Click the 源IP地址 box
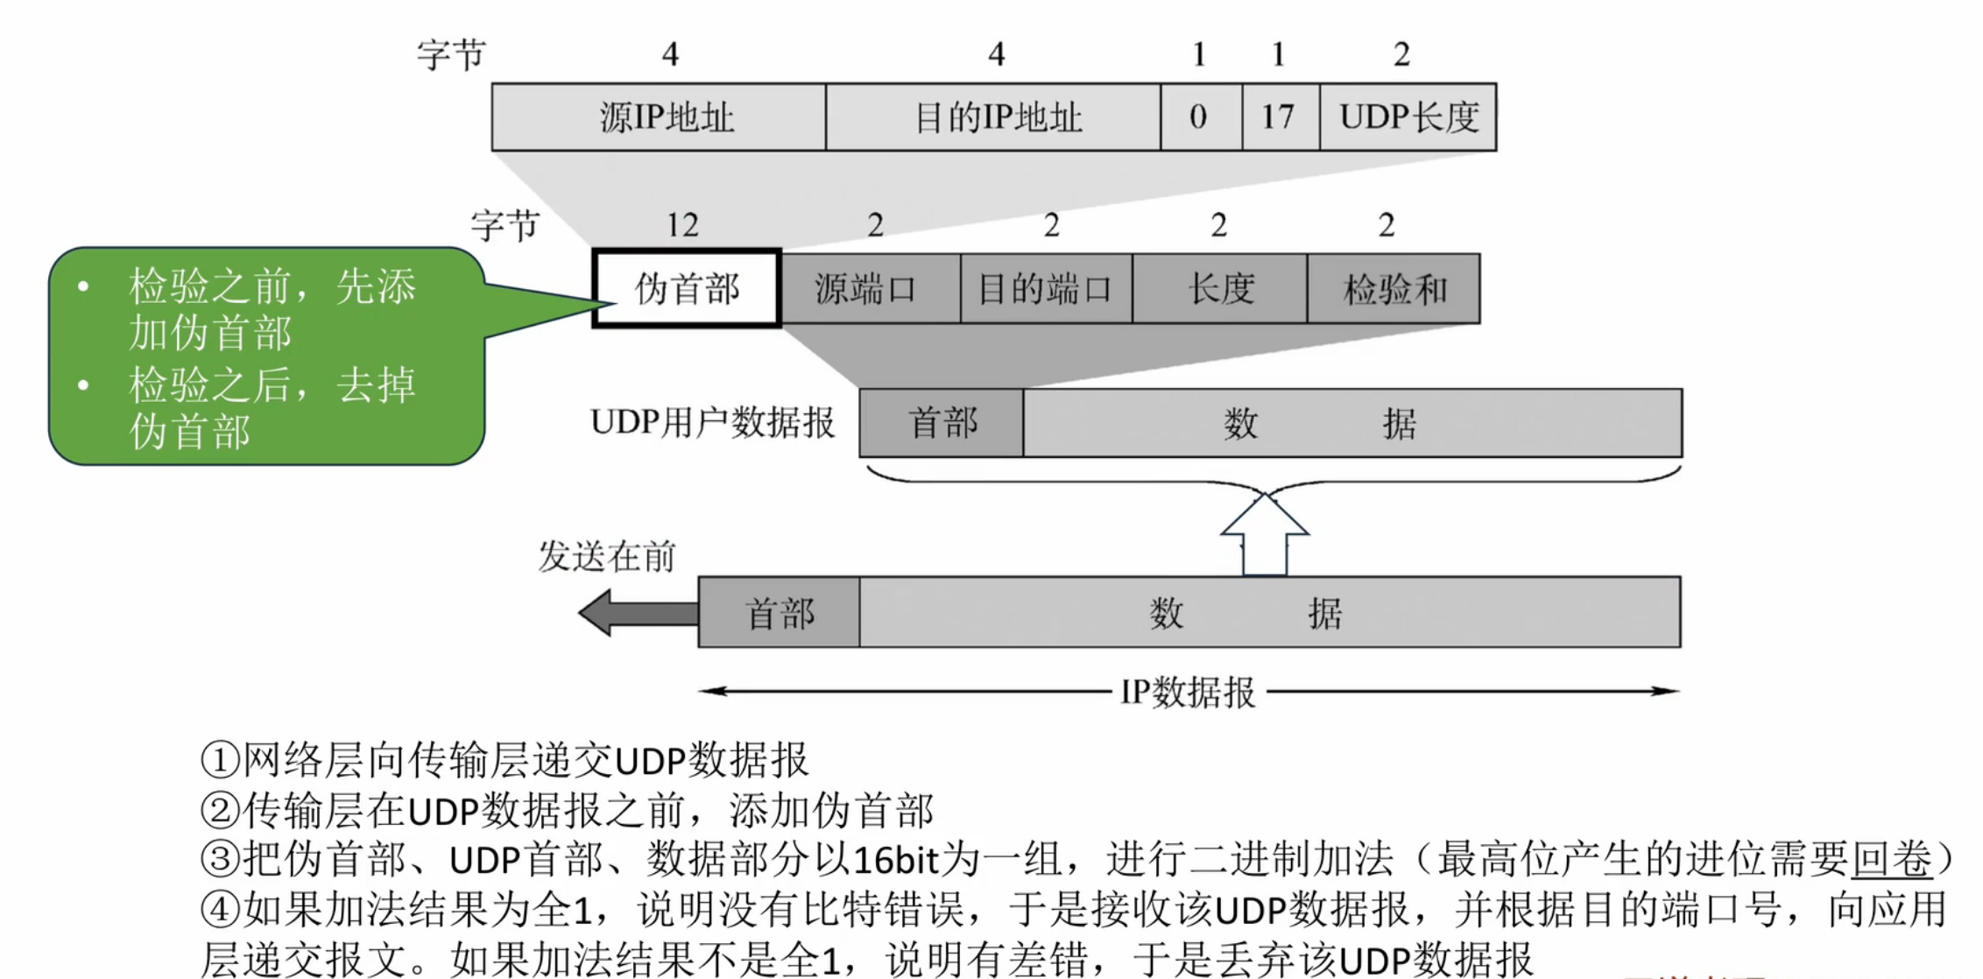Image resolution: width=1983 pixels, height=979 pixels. click(x=659, y=117)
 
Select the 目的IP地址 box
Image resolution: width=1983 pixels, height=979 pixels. click(x=993, y=117)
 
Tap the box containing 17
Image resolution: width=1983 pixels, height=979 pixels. click(x=1280, y=117)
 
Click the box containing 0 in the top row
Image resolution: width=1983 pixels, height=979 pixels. click(x=1200, y=117)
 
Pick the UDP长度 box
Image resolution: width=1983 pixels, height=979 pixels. click(x=1408, y=117)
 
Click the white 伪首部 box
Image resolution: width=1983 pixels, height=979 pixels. click(x=687, y=289)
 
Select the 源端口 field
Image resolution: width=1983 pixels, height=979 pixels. click(x=870, y=289)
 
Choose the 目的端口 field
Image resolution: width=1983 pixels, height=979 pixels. click(x=1046, y=289)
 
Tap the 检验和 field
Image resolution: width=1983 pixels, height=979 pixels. click(x=1394, y=289)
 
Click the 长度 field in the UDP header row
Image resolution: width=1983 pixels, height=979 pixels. click(x=1219, y=289)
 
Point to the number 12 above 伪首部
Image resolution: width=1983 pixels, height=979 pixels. click(x=682, y=225)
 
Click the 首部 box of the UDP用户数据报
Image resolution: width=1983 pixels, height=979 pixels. click(x=942, y=423)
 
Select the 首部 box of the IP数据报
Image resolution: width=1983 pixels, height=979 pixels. click(x=779, y=613)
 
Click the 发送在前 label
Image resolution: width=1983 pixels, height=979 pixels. click(x=606, y=557)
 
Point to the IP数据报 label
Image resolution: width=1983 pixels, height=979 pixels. click(x=1188, y=693)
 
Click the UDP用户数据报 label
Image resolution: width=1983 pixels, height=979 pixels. click(x=712, y=422)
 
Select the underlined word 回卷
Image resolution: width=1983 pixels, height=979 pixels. click(x=1891, y=860)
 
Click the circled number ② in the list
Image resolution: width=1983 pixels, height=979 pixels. click(x=220, y=811)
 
